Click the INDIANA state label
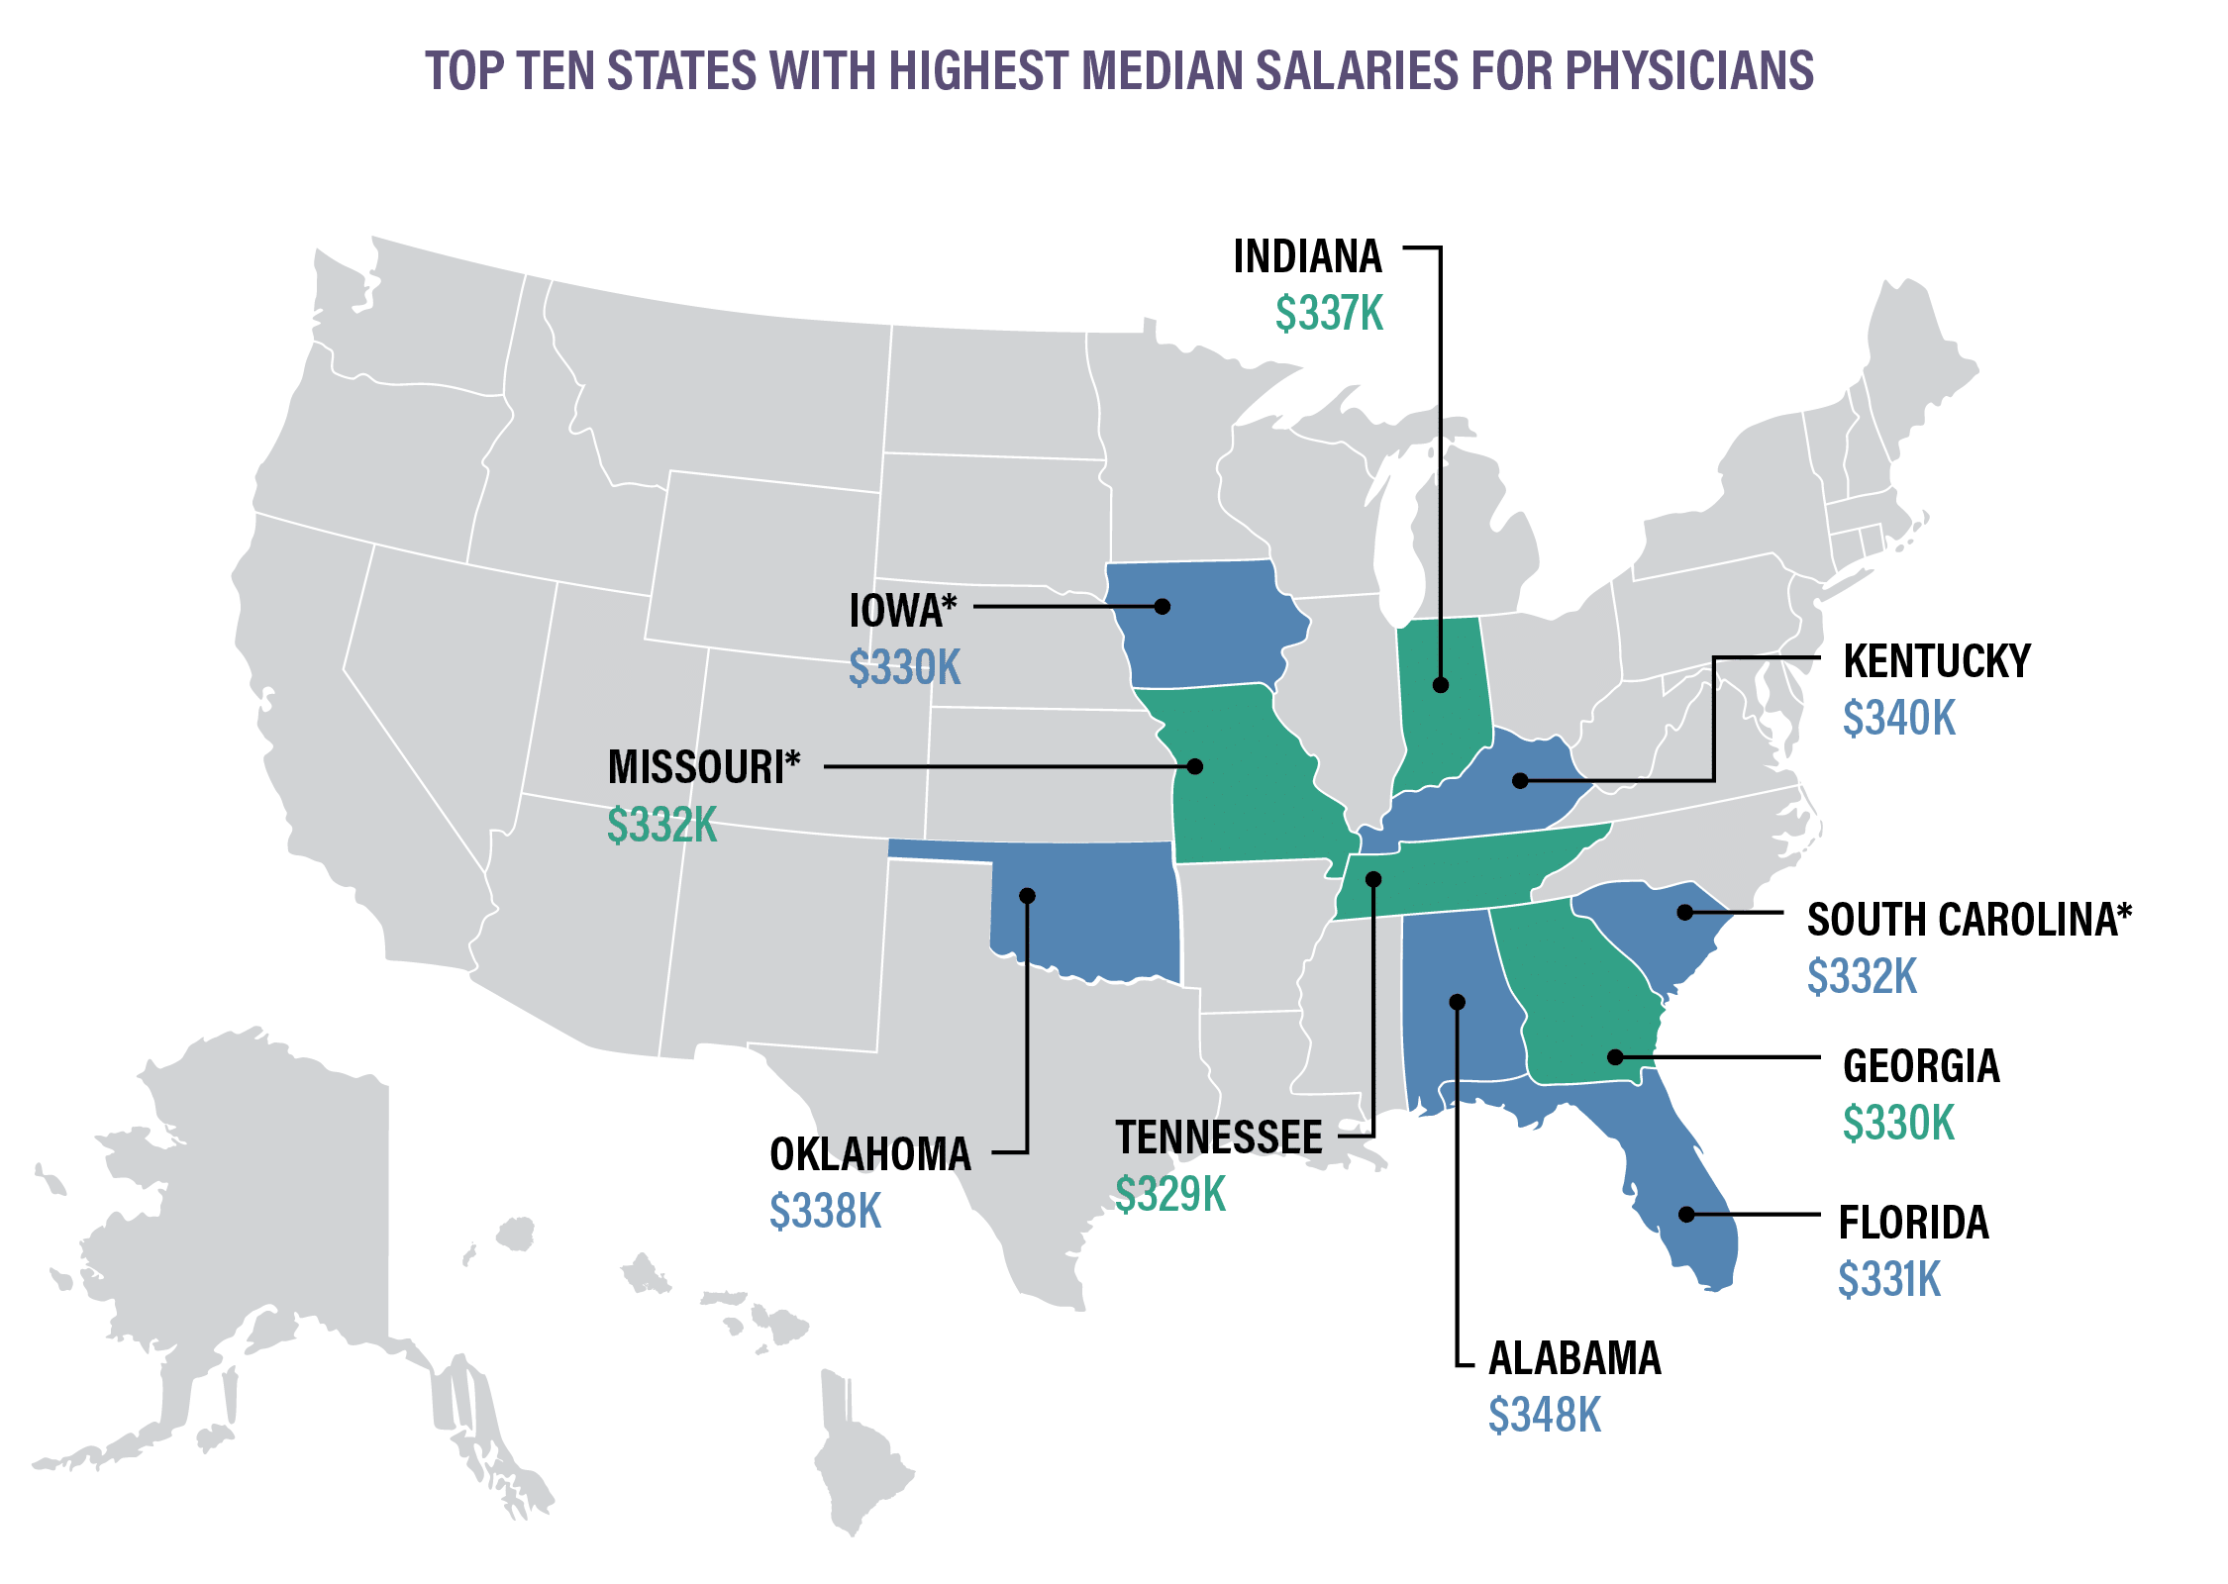point(1307,257)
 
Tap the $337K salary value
point(1329,314)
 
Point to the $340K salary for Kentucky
point(1899,718)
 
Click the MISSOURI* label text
point(704,767)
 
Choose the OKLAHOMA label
point(870,1154)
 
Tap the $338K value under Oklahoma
point(826,1211)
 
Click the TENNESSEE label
point(1219,1138)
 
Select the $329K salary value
point(1170,1194)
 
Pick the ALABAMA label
point(1574,1358)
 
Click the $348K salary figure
point(1545,1416)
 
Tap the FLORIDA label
point(1913,1224)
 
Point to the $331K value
point(1889,1280)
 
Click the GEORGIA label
point(1921,1066)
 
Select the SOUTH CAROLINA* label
point(1970,920)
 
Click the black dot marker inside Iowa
point(1163,606)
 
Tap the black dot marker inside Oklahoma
point(1027,896)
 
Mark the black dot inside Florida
point(1686,1214)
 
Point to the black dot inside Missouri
point(1195,766)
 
